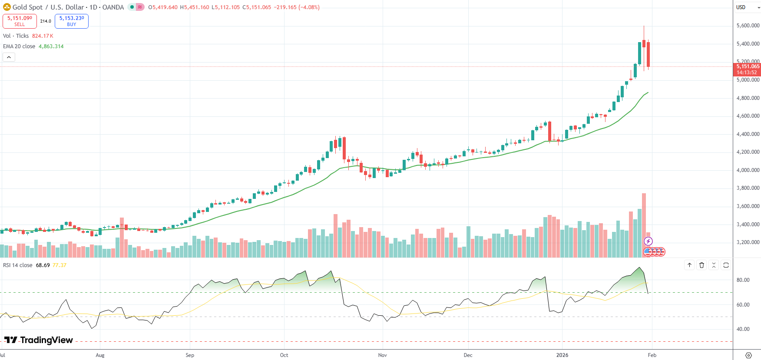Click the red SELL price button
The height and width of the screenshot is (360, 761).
click(20, 21)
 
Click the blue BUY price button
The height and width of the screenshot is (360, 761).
click(72, 21)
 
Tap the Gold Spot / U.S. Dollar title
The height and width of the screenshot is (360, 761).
click(48, 7)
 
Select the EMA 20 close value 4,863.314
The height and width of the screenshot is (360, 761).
click(51, 46)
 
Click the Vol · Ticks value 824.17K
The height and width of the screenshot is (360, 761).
click(43, 36)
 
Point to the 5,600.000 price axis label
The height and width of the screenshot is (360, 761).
click(748, 26)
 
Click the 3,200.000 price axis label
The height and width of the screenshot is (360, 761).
click(748, 242)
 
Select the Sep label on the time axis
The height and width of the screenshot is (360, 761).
click(190, 355)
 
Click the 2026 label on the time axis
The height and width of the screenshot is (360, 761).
click(562, 355)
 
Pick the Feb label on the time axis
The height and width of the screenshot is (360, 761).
click(652, 355)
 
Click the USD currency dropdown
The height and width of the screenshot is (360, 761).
click(747, 7)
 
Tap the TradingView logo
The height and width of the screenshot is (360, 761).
click(39, 340)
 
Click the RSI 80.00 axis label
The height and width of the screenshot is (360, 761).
click(743, 280)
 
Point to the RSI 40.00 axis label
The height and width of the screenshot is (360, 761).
click(743, 329)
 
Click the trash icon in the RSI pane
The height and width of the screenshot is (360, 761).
click(701, 265)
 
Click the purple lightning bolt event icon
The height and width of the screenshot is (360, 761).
click(648, 241)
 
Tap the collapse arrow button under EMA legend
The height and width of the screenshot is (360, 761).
click(9, 57)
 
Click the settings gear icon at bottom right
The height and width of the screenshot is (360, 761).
click(748, 355)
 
